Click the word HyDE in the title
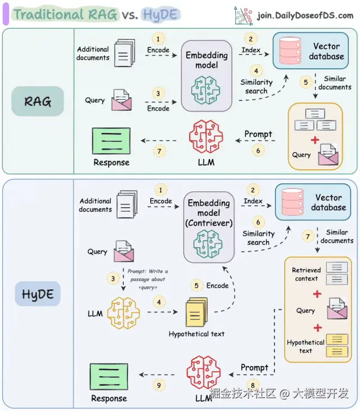[162, 14]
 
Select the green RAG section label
[38, 101]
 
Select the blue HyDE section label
[38, 294]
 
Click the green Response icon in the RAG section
[111, 141]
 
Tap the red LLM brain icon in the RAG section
[202, 137]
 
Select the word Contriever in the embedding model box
[209, 222]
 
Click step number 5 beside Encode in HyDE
[196, 285]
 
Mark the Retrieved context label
[306, 274]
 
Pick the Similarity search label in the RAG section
[256, 86]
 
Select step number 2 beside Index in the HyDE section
[253, 190]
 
